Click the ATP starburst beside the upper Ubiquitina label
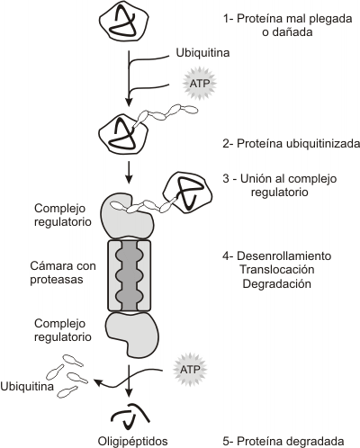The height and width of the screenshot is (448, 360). (199, 84)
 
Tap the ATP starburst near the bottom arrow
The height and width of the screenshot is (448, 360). (190, 369)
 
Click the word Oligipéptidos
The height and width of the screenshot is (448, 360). (132, 441)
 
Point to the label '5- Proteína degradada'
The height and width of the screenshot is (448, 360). (283, 441)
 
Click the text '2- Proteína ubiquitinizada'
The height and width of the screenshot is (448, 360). (291, 144)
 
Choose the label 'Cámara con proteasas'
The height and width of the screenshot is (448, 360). (63, 273)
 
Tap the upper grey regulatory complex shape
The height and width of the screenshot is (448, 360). (128, 216)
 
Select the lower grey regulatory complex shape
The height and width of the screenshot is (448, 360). (132, 335)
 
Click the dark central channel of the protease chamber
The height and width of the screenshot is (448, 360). (129, 275)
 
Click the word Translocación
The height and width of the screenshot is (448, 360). (277, 269)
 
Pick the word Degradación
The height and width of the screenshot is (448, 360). (276, 283)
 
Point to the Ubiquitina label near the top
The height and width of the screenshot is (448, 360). (202, 53)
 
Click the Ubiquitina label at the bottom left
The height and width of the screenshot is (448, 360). (27, 386)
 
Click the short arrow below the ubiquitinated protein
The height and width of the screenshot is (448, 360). (129, 173)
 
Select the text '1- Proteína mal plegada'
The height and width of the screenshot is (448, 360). (287, 19)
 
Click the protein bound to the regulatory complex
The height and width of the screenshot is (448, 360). (187, 193)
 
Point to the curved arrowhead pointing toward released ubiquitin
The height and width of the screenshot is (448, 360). (98, 382)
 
